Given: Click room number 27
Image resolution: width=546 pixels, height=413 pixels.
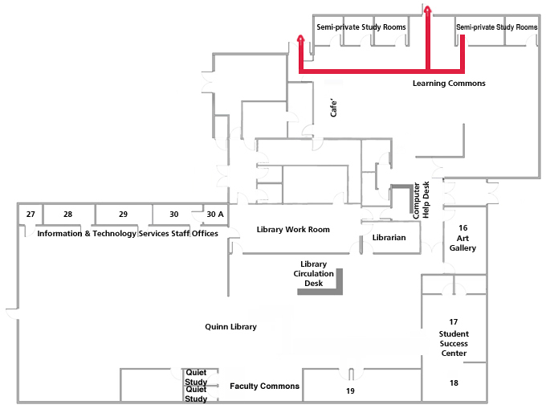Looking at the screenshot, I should point(31,215).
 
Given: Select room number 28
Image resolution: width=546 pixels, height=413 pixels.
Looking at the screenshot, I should point(67,215).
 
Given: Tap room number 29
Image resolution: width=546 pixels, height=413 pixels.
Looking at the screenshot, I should point(123,215).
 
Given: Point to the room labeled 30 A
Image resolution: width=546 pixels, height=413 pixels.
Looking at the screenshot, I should point(215,215).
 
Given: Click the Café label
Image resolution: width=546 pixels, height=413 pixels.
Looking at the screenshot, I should point(335,108).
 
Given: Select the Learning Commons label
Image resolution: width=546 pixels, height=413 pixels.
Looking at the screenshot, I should point(449,84).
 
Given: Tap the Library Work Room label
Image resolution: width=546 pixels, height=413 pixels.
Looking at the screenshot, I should point(293,230).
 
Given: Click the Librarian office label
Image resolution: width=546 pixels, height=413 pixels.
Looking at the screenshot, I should point(389,238).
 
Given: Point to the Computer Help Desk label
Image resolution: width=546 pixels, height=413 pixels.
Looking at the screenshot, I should point(422,200).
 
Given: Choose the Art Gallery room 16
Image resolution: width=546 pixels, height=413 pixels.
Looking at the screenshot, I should point(462,238).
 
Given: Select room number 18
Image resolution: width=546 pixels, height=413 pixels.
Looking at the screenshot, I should point(454,383).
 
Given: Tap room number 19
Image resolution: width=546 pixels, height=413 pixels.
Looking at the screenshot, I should point(350,391).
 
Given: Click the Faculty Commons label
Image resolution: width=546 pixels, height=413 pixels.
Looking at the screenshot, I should point(264,386).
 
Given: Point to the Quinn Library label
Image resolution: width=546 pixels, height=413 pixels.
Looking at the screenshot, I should point(230,327).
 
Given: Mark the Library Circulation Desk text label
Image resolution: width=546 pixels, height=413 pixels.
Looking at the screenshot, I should point(313,273).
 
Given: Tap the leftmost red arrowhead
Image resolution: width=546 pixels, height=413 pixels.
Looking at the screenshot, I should point(300,39).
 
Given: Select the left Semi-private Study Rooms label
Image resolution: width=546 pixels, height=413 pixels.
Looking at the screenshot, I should point(361,27).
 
